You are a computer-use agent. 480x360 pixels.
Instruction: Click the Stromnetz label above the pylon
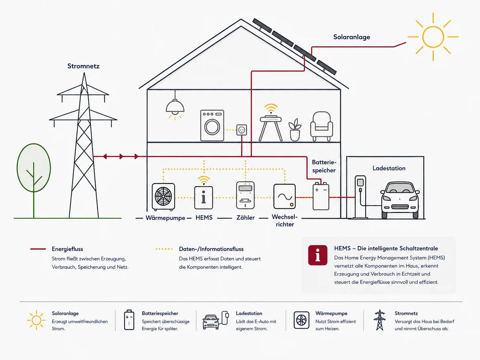(83, 66)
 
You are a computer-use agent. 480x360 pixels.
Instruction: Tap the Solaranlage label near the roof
(352, 37)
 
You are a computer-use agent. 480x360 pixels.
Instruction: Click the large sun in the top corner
(433, 37)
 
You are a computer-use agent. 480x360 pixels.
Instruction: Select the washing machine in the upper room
(212, 125)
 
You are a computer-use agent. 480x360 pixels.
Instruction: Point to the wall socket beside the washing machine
(242, 130)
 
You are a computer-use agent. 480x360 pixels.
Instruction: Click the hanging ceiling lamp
(175, 105)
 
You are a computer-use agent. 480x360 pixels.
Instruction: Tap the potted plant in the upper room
(295, 130)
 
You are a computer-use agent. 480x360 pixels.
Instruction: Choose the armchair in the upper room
(322, 126)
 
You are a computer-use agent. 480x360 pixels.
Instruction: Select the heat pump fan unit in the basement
(163, 197)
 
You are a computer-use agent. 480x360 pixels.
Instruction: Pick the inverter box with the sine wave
(284, 196)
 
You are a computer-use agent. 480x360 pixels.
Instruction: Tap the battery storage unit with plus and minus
(321, 196)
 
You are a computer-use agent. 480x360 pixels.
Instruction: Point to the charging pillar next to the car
(360, 197)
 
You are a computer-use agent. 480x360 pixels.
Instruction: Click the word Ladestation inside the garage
(389, 168)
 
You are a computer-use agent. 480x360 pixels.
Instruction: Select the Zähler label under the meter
(246, 217)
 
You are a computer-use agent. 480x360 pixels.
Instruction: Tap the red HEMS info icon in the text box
(318, 255)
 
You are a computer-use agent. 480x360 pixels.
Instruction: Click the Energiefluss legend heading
(67, 249)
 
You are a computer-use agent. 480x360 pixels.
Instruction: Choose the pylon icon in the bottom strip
(380, 320)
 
